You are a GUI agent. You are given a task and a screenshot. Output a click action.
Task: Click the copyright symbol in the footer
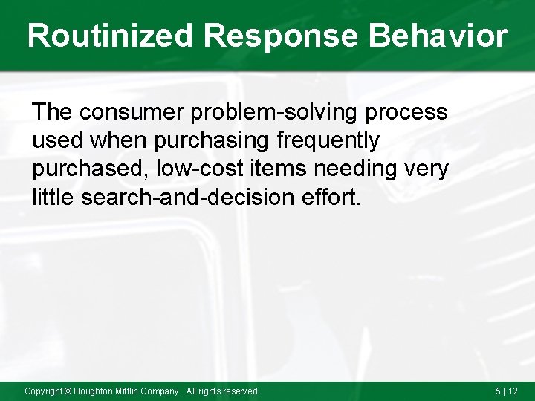[x=67, y=391]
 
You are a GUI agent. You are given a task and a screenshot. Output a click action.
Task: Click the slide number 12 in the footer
[x=513, y=391]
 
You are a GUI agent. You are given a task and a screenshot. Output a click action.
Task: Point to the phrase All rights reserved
[x=223, y=391]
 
